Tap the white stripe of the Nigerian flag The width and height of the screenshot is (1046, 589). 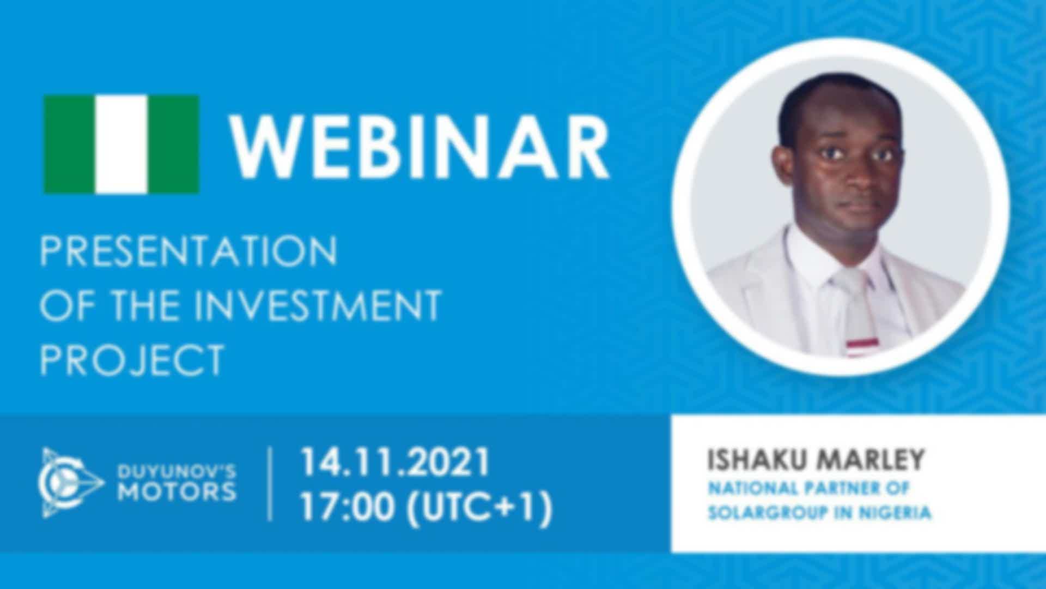click(x=121, y=145)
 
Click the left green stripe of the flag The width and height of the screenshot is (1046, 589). click(x=69, y=145)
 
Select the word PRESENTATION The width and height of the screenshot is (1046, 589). click(x=188, y=251)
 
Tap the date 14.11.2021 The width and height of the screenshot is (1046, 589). click(x=396, y=462)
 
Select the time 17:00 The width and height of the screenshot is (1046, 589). click(x=347, y=507)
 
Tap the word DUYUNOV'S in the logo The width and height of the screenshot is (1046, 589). click(x=178, y=471)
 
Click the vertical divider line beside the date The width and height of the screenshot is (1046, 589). click(x=271, y=484)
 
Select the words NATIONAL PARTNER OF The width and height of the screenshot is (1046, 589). click(x=808, y=488)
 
